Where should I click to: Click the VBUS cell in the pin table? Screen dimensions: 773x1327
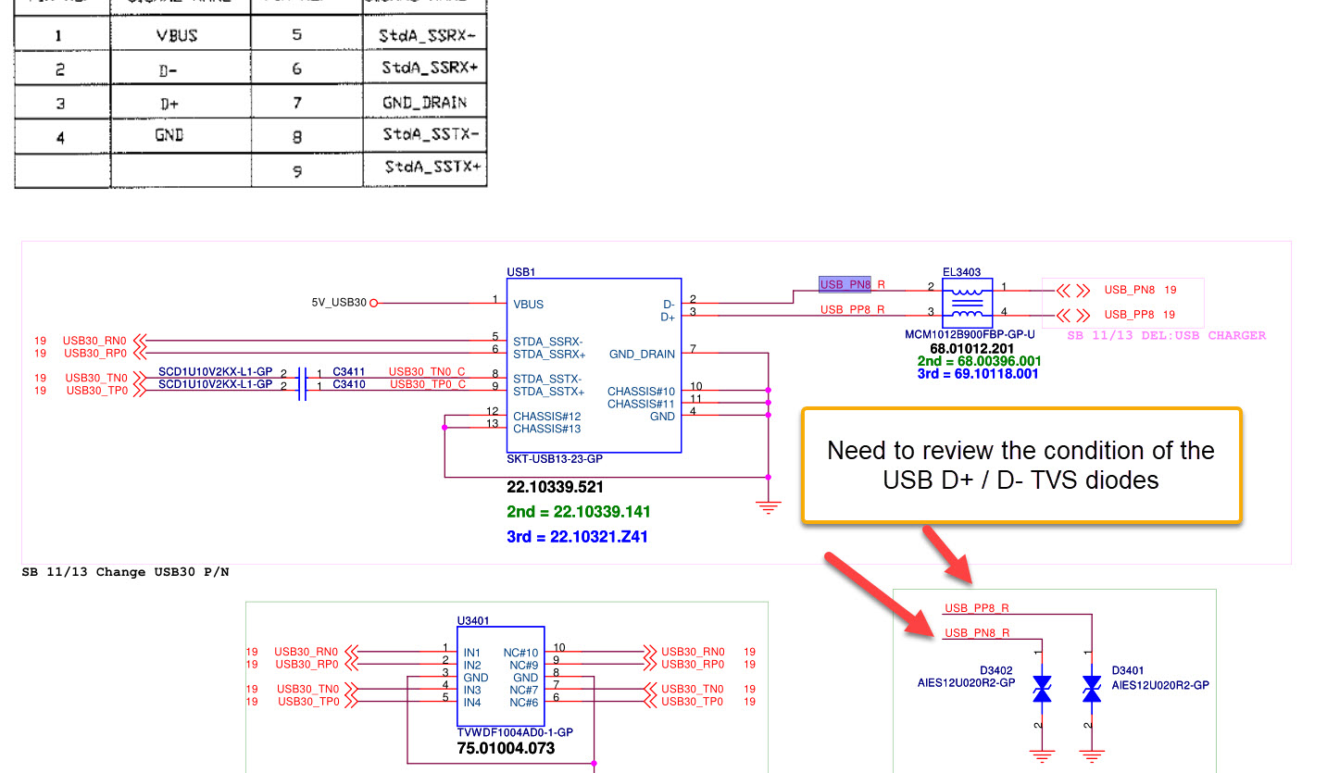tap(177, 36)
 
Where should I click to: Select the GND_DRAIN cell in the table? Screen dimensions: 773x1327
tap(424, 103)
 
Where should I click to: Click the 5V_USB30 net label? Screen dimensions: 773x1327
tap(340, 303)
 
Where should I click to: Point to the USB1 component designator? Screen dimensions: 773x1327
tap(521, 272)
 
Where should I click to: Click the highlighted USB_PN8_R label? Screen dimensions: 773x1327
tap(845, 284)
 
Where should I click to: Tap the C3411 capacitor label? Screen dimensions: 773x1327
tap(349, 372)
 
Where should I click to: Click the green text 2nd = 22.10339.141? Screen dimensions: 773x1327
tap(579, 512)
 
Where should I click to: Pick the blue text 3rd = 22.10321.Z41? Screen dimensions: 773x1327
tap(577, 536)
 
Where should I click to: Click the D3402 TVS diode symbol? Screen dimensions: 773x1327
tap(1042, 689)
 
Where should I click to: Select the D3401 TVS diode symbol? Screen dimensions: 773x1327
tap(1092, 689)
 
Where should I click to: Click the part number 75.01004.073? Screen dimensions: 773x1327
tap(506, 748)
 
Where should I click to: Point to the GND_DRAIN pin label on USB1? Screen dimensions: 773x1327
tap(642, 354)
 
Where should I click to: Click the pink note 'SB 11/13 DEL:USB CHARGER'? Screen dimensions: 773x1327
tap(1166, 335)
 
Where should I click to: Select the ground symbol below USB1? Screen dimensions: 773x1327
tap(768, 506)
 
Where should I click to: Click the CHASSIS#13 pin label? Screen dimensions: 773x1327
tap(547, 429)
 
